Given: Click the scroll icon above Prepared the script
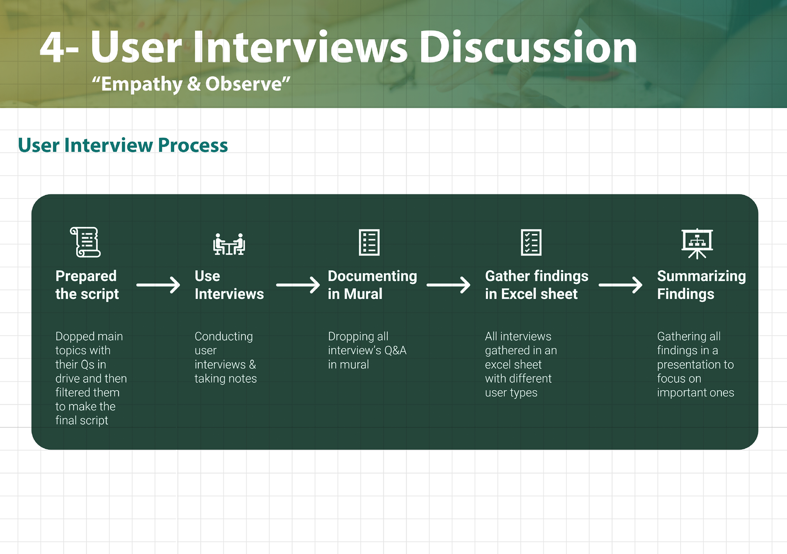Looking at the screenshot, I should (85, 242).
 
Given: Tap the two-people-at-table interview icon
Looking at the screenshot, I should (229, 244).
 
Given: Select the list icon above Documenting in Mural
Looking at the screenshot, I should (369, 242).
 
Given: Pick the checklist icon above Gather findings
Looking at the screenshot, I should (531, 242).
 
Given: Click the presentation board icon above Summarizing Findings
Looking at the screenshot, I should (697, 244).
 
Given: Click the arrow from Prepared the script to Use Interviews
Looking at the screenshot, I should (158, 285).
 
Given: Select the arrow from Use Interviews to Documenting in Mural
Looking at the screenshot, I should (298, 285).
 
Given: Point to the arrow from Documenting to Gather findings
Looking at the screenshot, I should (448, 285).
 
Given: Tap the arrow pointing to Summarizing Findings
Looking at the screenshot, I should (620, 285).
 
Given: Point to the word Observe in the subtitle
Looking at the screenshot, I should (244, 84).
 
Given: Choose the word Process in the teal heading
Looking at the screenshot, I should (193, 145).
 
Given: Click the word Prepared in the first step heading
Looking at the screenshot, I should (86, 276).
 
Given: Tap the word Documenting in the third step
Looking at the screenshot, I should (372, 276).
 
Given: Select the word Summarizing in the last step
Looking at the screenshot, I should (701, 276).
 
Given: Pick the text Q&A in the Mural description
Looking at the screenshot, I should (395, 350).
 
